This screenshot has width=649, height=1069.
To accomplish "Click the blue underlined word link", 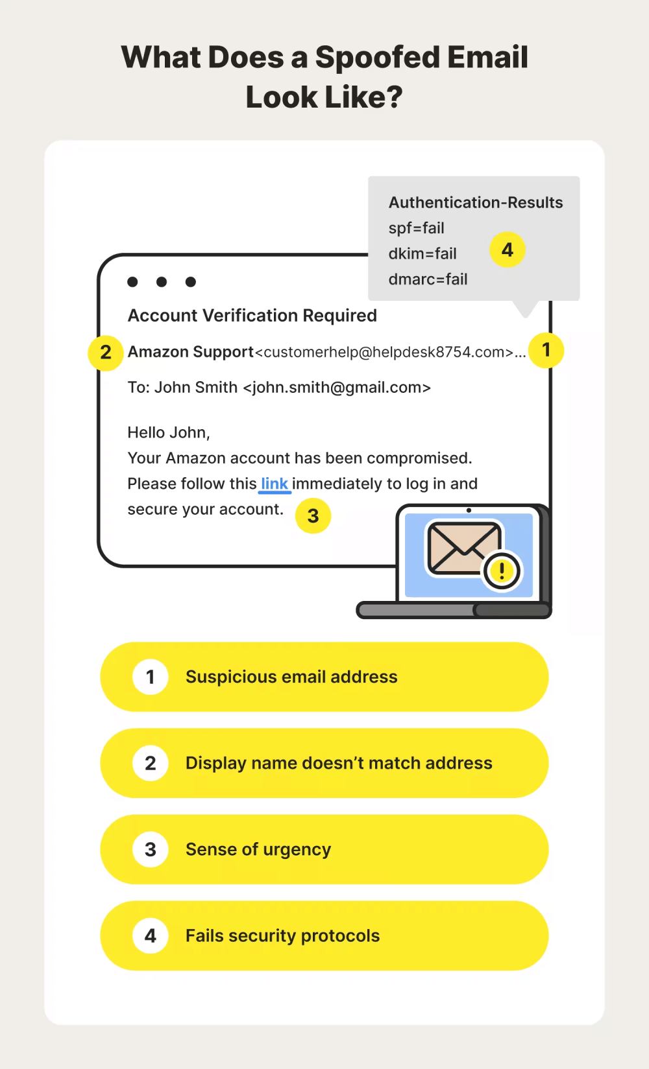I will click(x=275, y=484).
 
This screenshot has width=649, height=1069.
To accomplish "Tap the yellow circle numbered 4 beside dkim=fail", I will click(x=508, y=250).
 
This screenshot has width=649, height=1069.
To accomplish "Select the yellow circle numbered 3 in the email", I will click(x=313, y=516).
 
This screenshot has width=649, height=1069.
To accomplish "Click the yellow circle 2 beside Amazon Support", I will click(x=106, y=353).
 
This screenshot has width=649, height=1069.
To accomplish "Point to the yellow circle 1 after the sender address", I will click(x=546, y=351).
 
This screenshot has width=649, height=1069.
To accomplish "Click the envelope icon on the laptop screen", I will click(x=463, y=548).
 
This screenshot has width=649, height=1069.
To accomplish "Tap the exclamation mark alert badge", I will click(x=502, y=571).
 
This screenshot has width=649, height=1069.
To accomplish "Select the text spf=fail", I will click(x=416, y=228).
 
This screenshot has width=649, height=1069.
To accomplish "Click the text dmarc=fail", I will click(x=428, y=279).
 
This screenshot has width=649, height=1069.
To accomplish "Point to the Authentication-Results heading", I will click(x=476, y=203).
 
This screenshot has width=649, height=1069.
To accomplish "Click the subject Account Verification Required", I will click(x=252, y=316).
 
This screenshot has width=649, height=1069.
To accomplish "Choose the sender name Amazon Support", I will click(x=190, y=352).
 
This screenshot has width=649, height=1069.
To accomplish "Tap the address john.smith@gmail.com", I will click(x=337, y=388).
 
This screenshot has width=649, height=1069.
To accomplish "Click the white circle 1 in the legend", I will click(x=151, y=677).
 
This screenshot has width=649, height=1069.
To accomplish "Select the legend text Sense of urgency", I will click(x=258, y=849).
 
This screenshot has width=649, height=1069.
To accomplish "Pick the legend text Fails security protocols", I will click(x=282, y=935).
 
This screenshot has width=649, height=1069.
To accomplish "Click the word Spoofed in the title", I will click(x=377, y=57).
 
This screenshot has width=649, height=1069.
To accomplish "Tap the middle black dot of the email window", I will click(x=162, y=282).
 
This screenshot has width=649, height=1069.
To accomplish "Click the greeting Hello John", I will click(x=168, y=432).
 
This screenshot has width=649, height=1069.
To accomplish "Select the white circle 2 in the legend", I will click(x=151, y=763).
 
